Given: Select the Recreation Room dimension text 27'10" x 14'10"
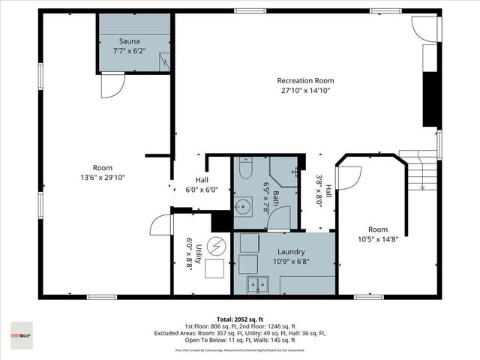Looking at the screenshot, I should tap(305, 91).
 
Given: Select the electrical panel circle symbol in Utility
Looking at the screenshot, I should tap(217, 247).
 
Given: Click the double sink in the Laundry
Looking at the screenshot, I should tap(259, 285).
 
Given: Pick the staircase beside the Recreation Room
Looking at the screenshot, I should tap(420, 172).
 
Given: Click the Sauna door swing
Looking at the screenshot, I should tap(109, 87).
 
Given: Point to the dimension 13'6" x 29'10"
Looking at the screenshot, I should tap(103, 178).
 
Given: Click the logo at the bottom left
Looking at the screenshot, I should tap(22, 331).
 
